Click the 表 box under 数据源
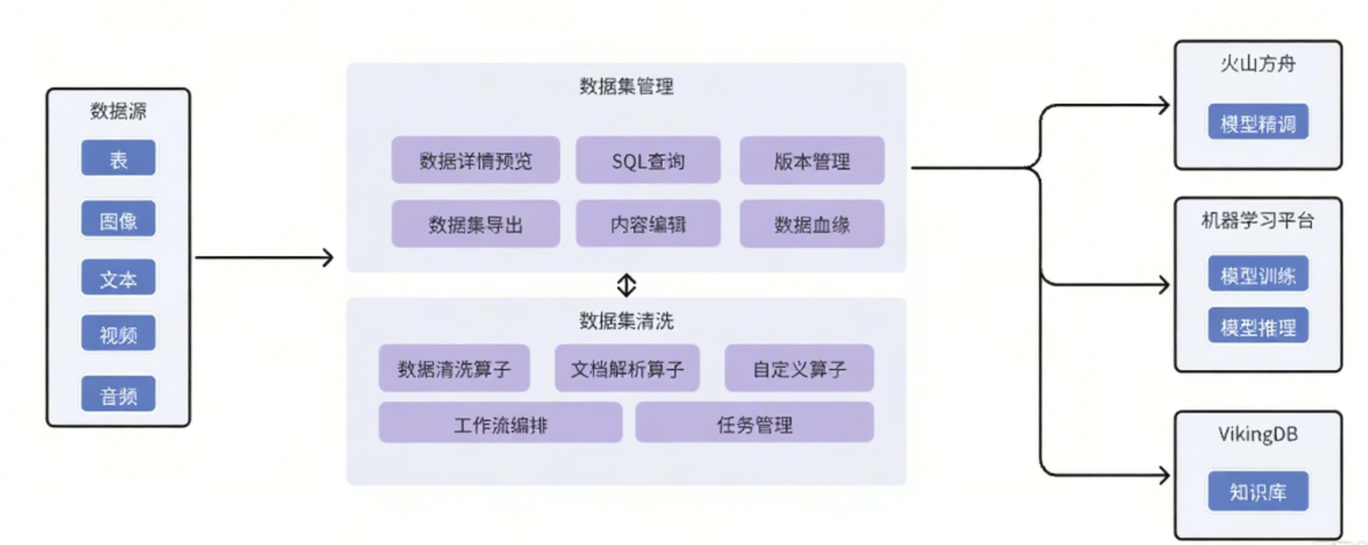tap(118, 158)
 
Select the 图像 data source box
tap(118, 219)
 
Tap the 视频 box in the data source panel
tap(118, 334)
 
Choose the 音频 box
tap(118, 395)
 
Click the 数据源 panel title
tap(118, 110)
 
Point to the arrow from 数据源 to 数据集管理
tap(264, 257)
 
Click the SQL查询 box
tap(648, 161)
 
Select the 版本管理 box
tap(812, 161)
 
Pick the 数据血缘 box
tap(812, 224)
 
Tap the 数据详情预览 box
tap(475, 161)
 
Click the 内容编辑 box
tap(648, 224)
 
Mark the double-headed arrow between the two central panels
tap(626, 285)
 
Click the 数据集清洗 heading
tap(626, 320)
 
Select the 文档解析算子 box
tap(627, 368)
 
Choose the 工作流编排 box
tap(500, 424)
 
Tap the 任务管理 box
tap(754, 424)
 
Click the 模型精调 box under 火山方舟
tap(1258, 123)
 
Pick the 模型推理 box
tap(1258, 327)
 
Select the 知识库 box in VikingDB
tap(1258, 492)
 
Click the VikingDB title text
tap(1258, 434)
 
